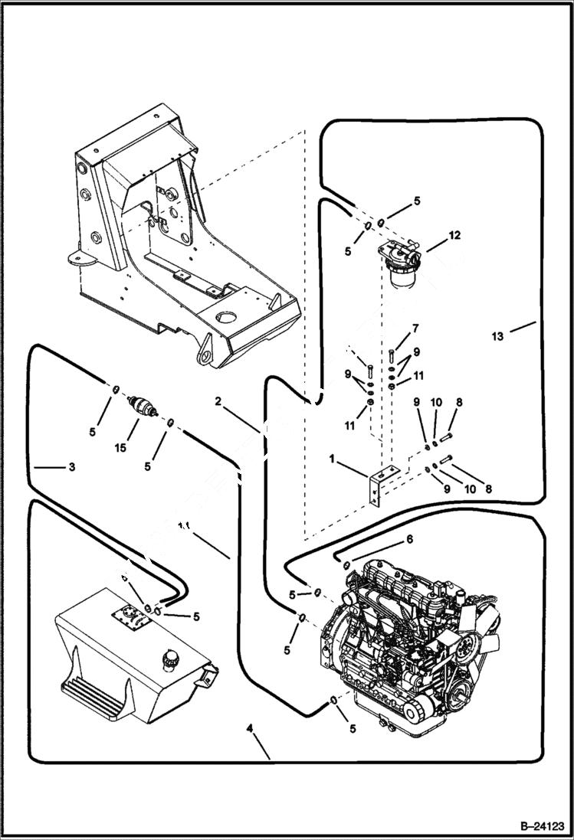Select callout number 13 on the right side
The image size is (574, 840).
(498, 336)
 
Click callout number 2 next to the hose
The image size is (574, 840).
(218, 400)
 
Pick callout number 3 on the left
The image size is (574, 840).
(71, 466)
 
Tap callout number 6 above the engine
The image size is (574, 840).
(409, 539)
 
